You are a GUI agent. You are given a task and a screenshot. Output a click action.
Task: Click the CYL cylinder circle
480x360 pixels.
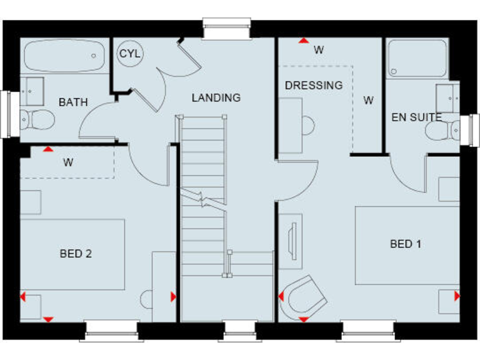click(130, 54)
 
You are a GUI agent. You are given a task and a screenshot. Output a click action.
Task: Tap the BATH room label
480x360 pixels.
click(73, 102)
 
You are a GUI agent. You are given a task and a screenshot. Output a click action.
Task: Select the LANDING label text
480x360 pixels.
click(216, 97)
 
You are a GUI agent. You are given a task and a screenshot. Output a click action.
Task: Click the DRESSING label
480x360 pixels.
click(314, 85)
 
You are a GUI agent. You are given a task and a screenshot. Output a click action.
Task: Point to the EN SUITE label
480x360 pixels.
click(416, 117)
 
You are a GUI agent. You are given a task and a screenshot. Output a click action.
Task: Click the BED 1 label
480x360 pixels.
click(406, 244)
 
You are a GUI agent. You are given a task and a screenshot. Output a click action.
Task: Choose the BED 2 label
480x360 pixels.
click(76, 253)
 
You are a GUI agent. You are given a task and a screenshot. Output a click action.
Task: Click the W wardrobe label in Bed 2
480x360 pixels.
click(68, 163)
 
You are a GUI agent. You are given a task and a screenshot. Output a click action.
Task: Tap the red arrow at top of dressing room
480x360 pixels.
click(303, 41)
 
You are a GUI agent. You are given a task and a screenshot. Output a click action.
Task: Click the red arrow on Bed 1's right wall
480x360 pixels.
click(457, 296)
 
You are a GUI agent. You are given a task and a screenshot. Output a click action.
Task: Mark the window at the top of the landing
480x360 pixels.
click(226, 29)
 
